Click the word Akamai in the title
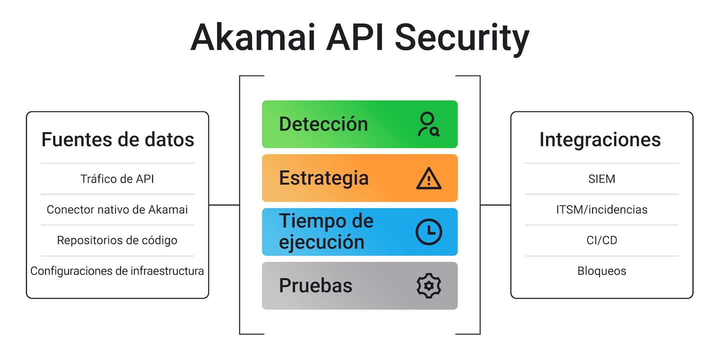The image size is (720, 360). (x=252, y=37)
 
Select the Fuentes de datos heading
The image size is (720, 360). (x=117, y=139)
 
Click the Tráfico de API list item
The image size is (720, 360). (x=117, y=179)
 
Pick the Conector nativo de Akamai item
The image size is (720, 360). (x=117, y=209)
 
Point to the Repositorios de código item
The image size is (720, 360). (x=117, y=240)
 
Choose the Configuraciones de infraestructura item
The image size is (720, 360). (x=117, y=271)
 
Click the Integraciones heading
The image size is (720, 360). (x=600, y=139)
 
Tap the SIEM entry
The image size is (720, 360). (x=601, y=179)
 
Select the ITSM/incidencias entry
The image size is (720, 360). (x=601, y=209)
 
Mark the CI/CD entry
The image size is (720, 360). (x=601, y=240)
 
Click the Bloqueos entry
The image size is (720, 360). (x=601, y=271)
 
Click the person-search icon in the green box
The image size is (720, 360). (x=428, y=124)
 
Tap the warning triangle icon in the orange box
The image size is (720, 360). (x=428, y=178)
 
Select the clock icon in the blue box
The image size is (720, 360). (x=428, y=232)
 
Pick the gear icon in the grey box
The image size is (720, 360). (x=428, y=286)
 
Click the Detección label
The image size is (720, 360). (x=323, y=124)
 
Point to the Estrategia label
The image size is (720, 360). (x=323, y=178)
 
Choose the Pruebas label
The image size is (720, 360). (x=315, y=285)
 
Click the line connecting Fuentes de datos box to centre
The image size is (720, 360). (x=224, y=205)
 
